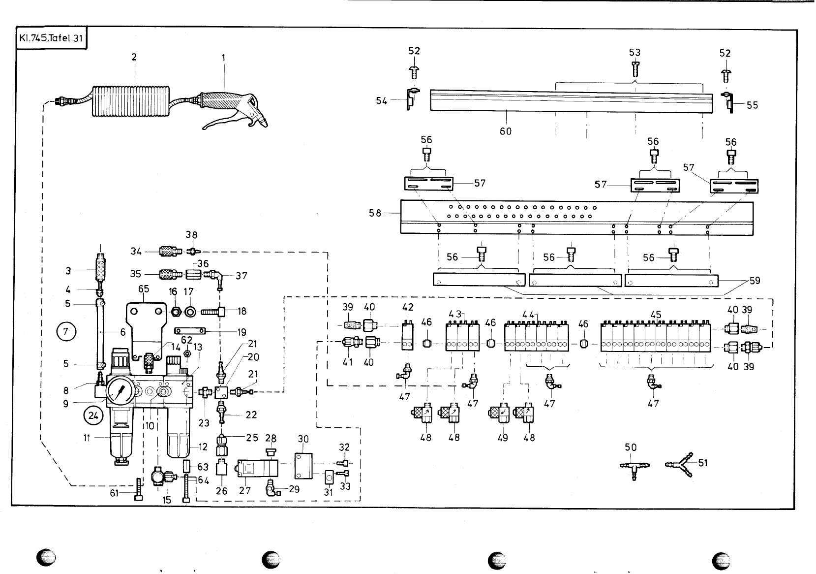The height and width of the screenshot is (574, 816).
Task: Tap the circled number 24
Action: [x=92, y=416]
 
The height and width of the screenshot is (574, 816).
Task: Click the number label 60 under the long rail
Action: [x=506, y=131]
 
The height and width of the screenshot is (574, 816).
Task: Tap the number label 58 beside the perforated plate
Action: [x=375, y=213]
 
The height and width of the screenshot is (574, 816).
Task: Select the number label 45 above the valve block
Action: [x=655, y=315]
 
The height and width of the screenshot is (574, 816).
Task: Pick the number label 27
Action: [x=245, y=490]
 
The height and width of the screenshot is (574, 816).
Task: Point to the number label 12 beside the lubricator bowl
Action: [x=202, y=447]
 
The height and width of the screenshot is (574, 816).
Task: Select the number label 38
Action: [x=191, y=235]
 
